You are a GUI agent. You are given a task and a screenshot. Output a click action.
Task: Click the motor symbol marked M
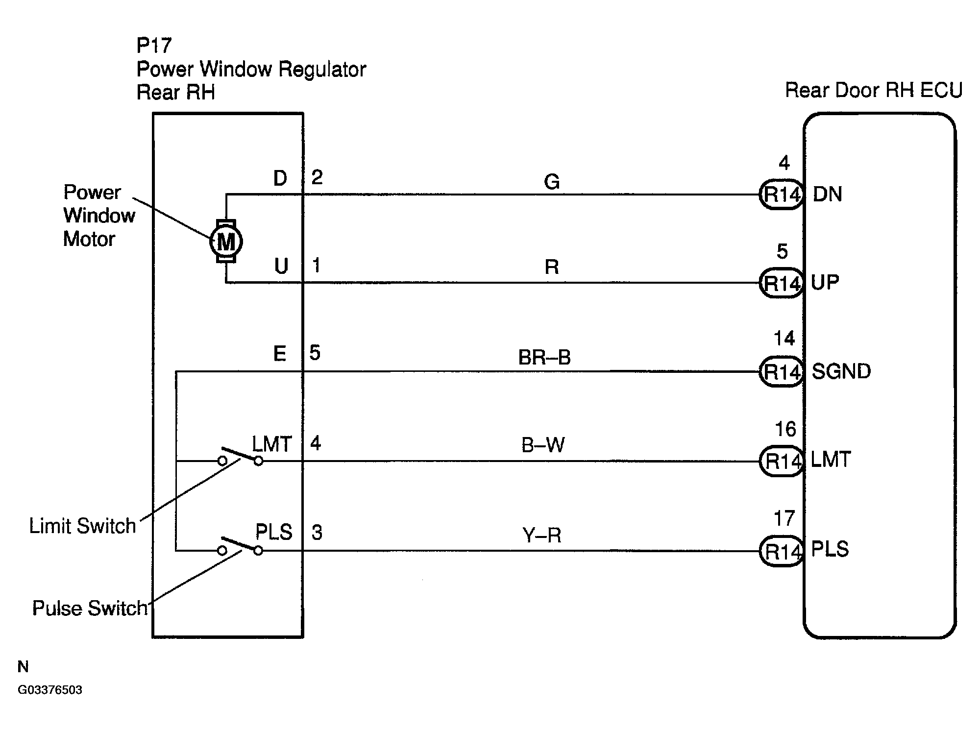[x=226, y=242]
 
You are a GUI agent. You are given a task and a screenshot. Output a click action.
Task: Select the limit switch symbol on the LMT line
[x=240, y=456]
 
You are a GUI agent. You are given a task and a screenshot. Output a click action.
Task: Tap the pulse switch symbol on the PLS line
[x=240, y=545]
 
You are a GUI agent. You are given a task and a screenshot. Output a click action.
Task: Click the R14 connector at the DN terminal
[x=782, y=195]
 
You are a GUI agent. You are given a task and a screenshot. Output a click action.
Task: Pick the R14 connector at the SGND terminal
[x=782, y=371]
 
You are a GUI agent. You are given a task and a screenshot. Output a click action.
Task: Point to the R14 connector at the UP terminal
[x=782, y=283]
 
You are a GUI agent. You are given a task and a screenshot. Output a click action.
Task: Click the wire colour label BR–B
[x=544, y=357]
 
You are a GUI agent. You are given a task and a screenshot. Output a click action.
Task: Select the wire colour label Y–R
[x=542, y=535]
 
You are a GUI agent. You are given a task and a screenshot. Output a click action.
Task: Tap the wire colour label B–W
[x=543, y=445]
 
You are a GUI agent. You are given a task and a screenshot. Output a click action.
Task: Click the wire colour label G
[x=552, y=182]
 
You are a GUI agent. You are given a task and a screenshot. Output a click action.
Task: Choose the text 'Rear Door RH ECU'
[x=874, y=90]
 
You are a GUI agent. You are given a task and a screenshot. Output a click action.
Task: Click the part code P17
[x=154, y=46]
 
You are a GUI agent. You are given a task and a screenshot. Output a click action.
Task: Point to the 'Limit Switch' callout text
[x=82, y=526]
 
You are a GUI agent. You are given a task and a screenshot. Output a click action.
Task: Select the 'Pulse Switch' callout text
[x=90, y=608]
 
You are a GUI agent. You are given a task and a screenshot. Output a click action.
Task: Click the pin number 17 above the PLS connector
[x=784, y=518]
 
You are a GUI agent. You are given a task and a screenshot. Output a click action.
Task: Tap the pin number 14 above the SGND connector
[x=784, y=339]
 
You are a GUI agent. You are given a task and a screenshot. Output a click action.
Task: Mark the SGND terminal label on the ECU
[x=841, y=371]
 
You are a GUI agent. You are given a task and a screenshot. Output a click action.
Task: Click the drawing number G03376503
[x=50, y=690]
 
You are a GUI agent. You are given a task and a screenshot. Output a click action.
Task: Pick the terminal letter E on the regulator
[x=280, y=353]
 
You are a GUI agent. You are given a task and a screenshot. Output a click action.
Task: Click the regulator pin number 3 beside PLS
[x=317, y=533]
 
